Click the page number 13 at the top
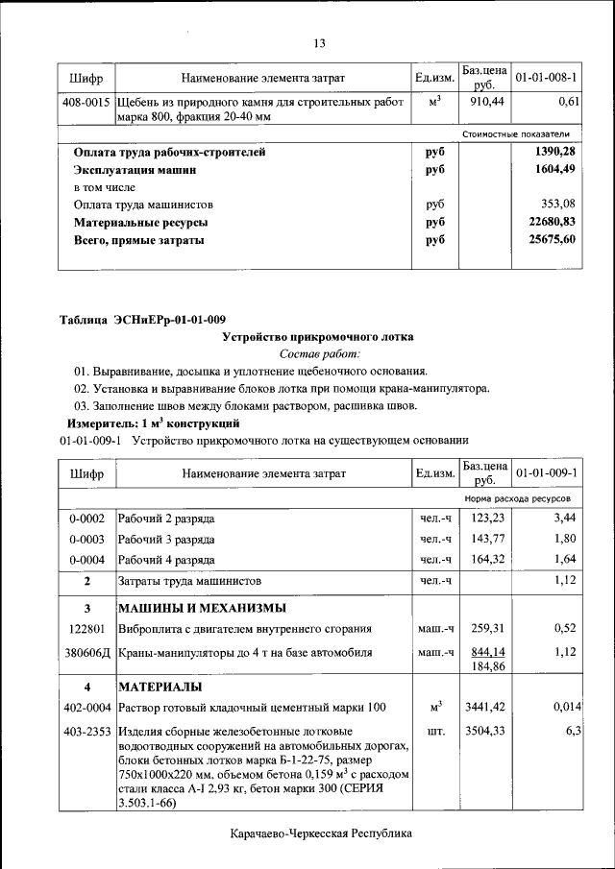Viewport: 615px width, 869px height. point(320,42)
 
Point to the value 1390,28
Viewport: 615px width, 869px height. point(553,152)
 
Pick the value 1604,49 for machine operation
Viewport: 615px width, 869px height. point(553,170)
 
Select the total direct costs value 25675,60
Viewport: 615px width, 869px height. point(553,240)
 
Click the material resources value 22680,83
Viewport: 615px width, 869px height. point(553,222)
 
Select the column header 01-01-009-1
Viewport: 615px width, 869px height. point(546,473)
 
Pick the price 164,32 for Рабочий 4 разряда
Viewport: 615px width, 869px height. point(485,560)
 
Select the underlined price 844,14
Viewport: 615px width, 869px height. point(485,650)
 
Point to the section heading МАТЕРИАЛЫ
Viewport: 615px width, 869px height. point(160,688)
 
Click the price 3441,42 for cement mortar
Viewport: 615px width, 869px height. point(485,708)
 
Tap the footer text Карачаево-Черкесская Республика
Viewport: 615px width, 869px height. point(320,833)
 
